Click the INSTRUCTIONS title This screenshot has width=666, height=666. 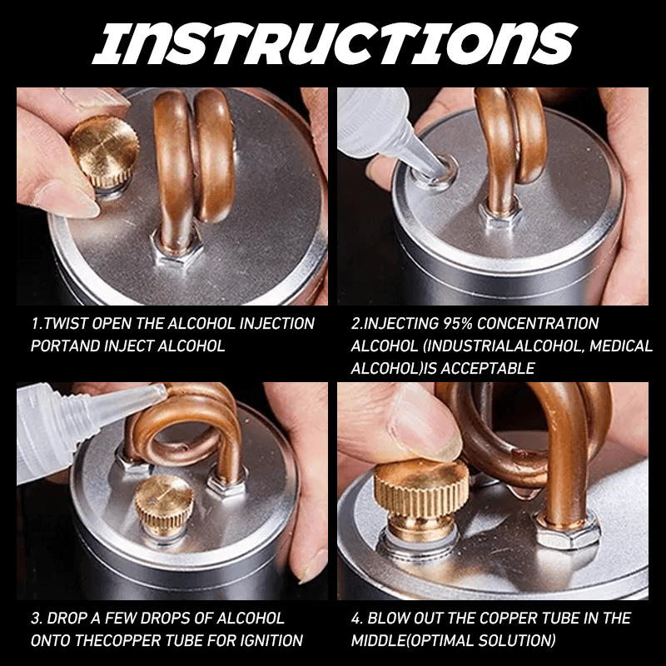[x=333, y=42]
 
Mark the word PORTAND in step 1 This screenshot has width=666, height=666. [x=63, y=345]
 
